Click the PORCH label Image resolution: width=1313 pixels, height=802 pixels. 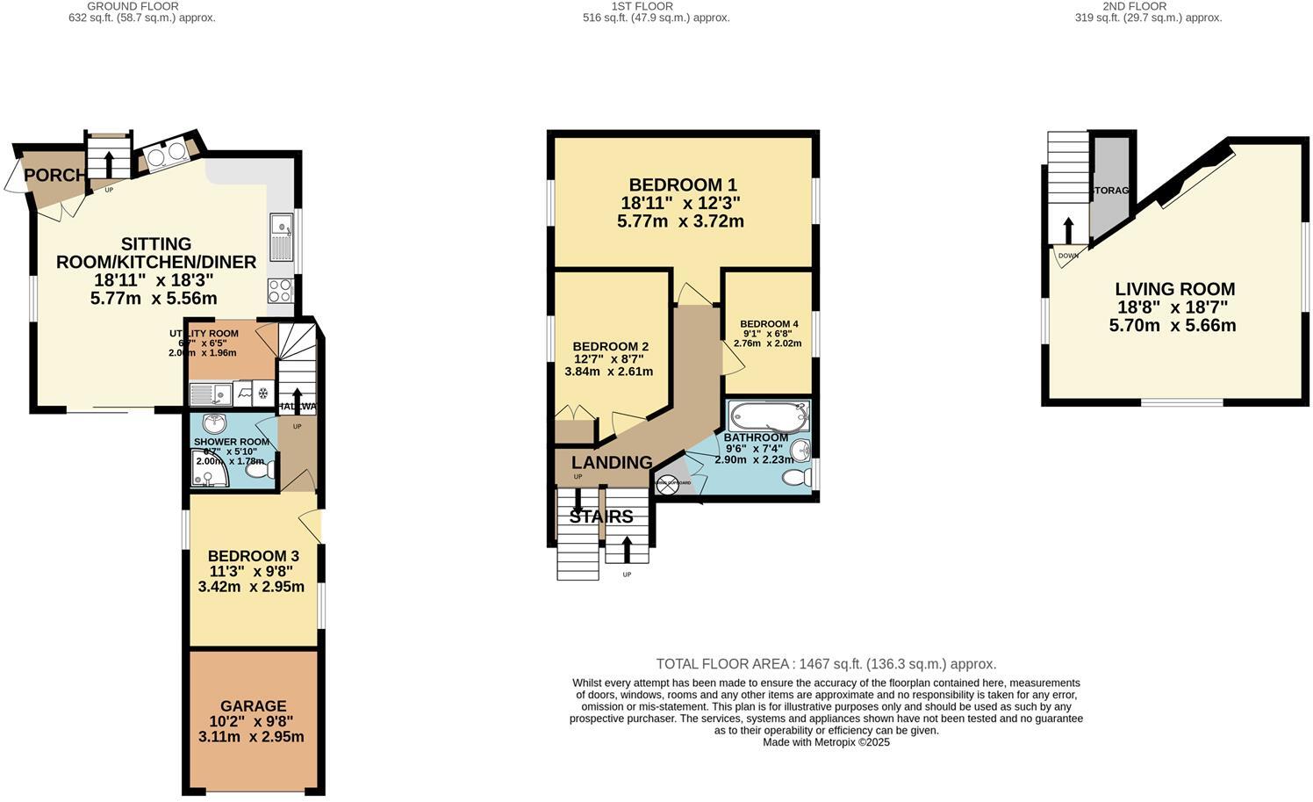55,175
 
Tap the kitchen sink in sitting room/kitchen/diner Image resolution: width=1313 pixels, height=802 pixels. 282,238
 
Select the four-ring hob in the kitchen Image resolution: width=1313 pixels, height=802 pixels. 280,290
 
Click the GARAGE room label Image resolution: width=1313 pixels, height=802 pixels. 253,705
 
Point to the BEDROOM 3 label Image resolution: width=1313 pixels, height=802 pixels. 253,556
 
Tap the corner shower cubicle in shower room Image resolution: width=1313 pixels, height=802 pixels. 208,469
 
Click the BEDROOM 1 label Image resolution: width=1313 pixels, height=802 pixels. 682,184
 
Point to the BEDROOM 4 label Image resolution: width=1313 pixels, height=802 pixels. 769,323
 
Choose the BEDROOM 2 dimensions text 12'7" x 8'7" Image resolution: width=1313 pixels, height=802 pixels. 608,358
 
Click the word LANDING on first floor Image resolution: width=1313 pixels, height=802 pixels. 612,462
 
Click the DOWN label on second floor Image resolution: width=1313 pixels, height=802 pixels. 1067,256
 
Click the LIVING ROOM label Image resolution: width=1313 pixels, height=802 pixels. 1174,289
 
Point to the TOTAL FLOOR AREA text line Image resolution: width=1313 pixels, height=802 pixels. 826,664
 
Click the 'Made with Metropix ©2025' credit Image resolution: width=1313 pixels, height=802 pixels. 826,742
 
